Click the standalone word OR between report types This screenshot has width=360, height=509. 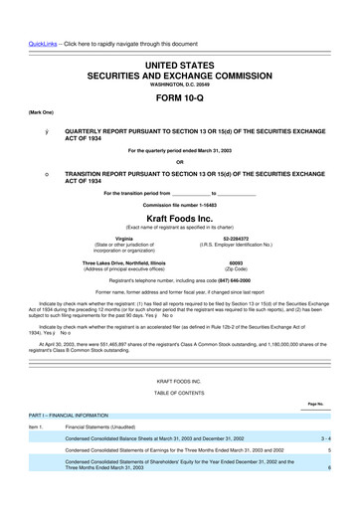click(179, 163)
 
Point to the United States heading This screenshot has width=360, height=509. click(179, 38)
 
